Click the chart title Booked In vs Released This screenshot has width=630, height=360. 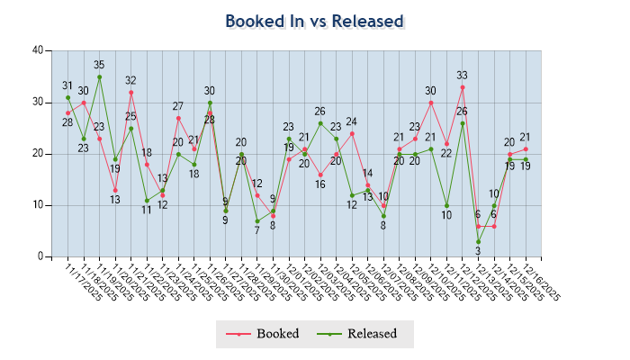[314, 21]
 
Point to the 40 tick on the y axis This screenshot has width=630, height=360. [37, 50]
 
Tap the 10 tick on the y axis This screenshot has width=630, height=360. [37, 205]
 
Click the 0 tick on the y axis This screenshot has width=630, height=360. [40, 256]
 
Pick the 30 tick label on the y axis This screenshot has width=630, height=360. [37, 102]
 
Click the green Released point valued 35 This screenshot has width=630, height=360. [99, 76]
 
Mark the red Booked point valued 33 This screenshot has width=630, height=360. [463, 87]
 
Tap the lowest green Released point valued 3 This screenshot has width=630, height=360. [478, 241]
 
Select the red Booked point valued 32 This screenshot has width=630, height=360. [130, 92]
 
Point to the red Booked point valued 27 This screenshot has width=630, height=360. [178, 118]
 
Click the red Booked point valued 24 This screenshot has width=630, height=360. [352, 133]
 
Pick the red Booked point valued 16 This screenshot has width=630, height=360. [320, 175]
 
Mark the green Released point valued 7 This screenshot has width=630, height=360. [257, 220]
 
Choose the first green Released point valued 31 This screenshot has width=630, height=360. [67, 97]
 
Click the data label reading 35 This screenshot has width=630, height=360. [99, 65]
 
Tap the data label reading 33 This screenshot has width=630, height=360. [463, 76]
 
